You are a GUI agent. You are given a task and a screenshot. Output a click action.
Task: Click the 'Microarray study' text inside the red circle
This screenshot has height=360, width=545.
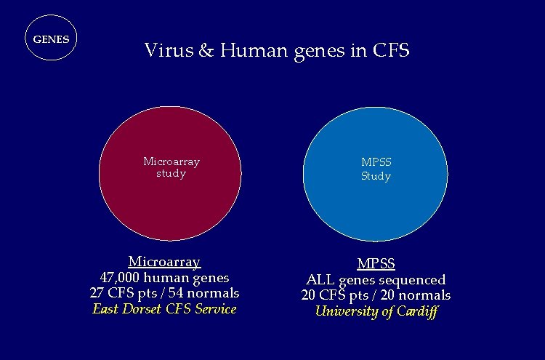[171, 167]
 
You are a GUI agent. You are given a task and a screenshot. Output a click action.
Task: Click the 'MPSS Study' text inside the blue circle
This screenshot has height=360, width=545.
[376, 170]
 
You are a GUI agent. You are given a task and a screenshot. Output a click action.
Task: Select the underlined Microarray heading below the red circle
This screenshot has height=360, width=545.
[164, 261]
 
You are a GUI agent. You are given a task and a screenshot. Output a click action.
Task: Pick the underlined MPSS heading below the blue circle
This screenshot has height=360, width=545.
[376, 263]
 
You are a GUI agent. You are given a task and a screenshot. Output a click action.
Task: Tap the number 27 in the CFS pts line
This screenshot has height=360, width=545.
[95, 293]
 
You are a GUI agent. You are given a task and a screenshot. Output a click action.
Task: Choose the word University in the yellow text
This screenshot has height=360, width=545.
[344, 312]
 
